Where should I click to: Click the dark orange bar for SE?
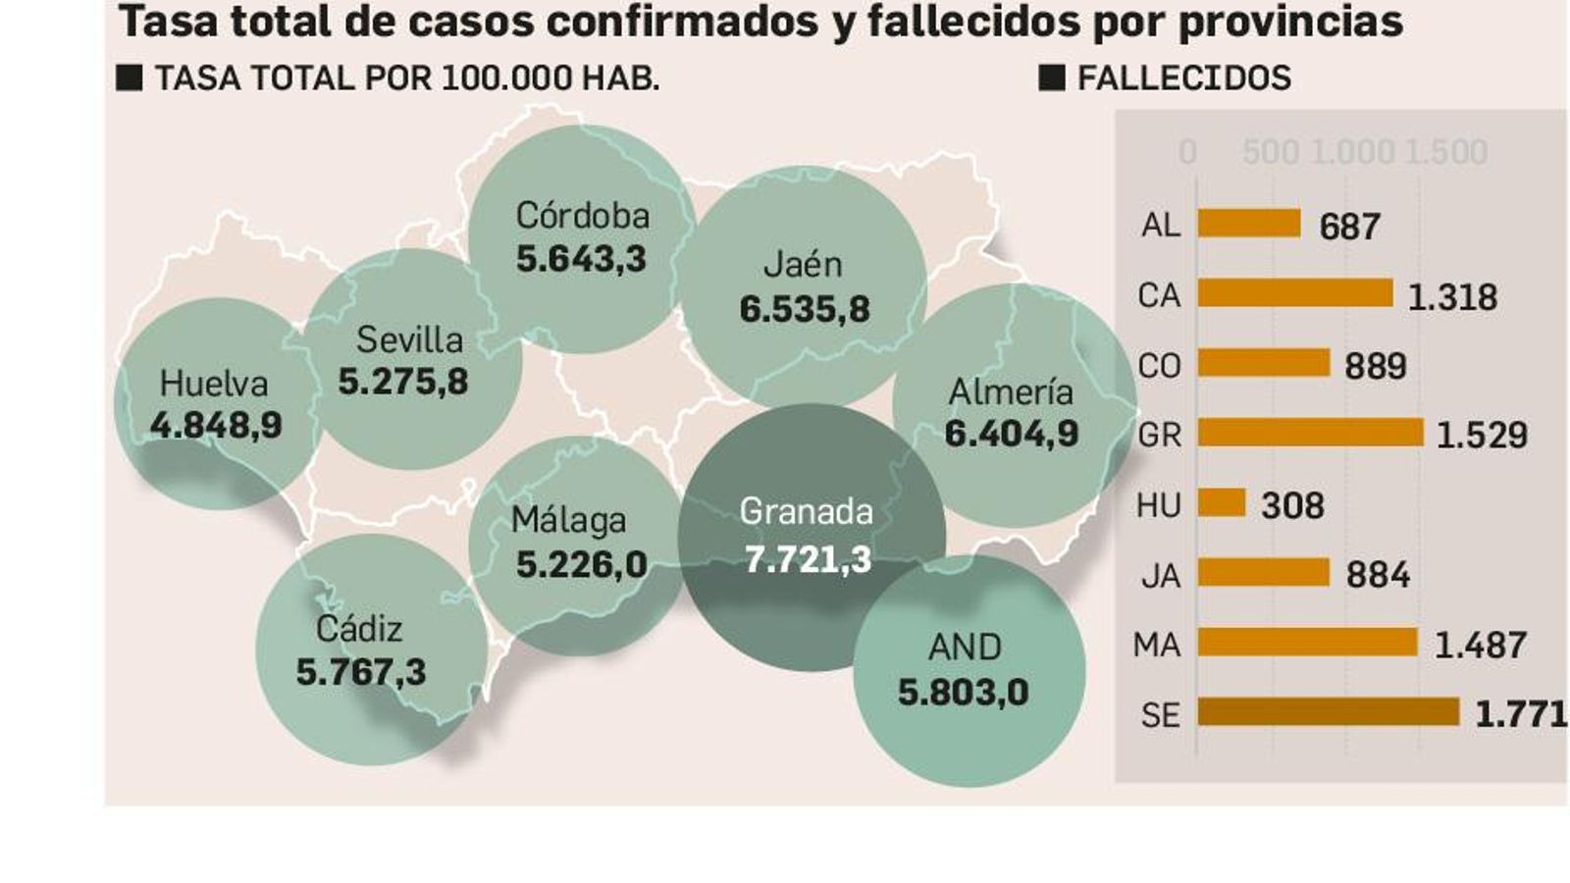(1328, 712)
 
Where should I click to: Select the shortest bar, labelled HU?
(1221, 503)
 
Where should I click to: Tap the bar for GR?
(1310, 433)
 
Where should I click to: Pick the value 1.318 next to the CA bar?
(1452, 296)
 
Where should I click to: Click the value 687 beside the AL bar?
(1349, 227)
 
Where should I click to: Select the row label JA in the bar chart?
(1160, 575)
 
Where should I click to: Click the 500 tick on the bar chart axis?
(1271, 152)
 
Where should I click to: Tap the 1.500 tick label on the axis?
(1445, 152)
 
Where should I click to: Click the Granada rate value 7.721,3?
(807, 559)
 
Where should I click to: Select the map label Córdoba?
(582, 216)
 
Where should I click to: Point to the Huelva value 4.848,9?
(216, 426)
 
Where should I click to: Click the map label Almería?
(1010, 392)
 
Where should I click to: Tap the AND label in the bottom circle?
(965, 648)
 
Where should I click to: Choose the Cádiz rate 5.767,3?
(361, 673)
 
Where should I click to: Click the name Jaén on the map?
(803, 264)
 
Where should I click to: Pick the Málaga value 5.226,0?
(581, 564)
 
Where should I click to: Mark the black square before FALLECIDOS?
(1051, 78)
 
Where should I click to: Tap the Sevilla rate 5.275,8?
(403, 382)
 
